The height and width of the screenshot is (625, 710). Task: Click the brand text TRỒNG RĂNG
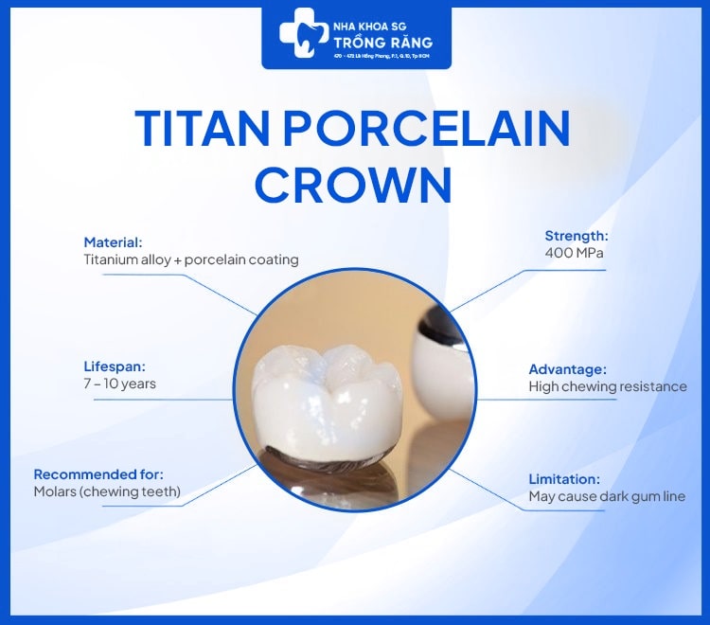pos(382,42)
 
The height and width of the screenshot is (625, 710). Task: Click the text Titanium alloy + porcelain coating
pos(190,259)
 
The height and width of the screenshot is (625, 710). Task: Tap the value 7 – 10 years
pos(119,384)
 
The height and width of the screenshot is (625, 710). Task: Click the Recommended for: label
pos(98,473)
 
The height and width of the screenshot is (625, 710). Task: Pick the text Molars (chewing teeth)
pos(106,491)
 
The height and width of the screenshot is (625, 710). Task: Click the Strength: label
pos(576,236)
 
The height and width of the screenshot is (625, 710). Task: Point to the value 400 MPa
pos(574,254)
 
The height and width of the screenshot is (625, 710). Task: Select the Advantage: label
pos(567,369)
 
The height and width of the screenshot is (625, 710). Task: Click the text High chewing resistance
pos(607,386)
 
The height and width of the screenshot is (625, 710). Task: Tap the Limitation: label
pos(564,479)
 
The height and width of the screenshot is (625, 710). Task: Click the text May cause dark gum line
pos(607,496)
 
